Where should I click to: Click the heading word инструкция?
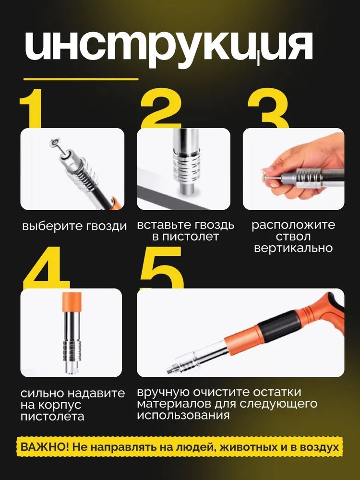[168, 48]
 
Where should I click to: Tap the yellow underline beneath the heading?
[81, 79]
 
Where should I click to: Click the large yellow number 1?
[31, 108]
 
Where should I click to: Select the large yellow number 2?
[161, 108]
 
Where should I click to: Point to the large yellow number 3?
[268, 108]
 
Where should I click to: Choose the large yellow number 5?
[161, 268]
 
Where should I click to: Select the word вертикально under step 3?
[293, 248]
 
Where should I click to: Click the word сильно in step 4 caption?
[42, 393]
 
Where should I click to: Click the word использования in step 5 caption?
[183, 415]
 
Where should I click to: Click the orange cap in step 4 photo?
[72, 302]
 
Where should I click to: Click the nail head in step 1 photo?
[55, 143]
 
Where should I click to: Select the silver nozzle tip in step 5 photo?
[171, 369]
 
